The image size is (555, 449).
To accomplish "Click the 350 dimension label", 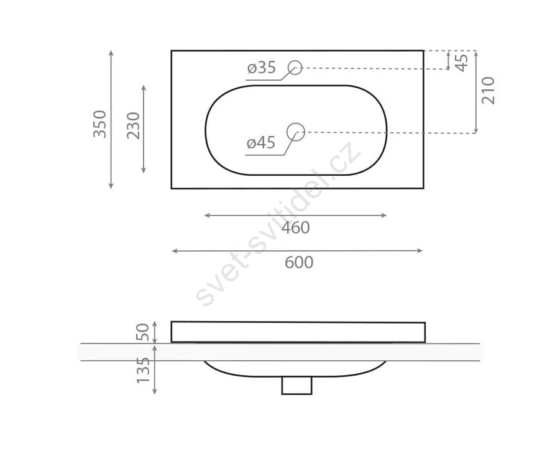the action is (x=100, y=124).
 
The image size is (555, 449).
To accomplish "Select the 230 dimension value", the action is (x=134, y=125).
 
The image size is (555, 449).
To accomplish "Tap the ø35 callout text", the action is (x=262, y=68).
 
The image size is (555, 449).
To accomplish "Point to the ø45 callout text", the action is (x=261, y=143).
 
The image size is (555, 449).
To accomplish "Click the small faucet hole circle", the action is (x=295, y=68).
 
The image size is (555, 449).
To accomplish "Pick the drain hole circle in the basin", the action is (x=296, y=132).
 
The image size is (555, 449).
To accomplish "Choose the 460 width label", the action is (x=296, y=228).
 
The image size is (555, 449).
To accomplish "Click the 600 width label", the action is (x=299, y=262).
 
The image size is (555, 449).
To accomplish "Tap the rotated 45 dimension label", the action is (x=461, y=63).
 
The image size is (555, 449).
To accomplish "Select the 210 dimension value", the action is (x=488, y=91).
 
